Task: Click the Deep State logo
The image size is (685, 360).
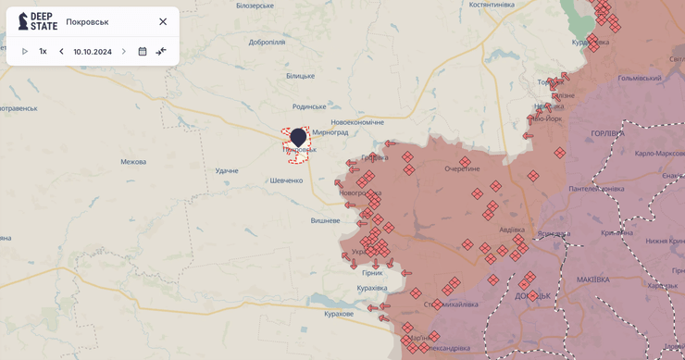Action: click(37, 21)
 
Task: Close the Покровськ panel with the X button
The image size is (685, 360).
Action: click(163, 21)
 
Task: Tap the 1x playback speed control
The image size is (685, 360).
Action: click(43, 52)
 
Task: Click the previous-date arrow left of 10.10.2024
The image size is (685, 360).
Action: click(61, 52)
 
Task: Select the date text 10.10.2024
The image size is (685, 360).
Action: click(93, 52)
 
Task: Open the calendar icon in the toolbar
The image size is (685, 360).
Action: click(143, 52)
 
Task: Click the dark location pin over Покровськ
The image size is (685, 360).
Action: click(298, 138)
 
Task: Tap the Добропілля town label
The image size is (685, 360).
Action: click(267, 42)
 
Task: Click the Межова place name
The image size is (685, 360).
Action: click(133, 162)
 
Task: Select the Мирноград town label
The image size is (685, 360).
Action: click(330, 132)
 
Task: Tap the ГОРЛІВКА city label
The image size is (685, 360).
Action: click(607, 133)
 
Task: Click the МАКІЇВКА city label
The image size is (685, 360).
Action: click(592, 279)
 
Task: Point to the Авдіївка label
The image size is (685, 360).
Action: click(512, 230)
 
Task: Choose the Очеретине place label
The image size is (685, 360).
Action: click(462, 169)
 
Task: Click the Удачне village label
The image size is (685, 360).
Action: click(227, 170)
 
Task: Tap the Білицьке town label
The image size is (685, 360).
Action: click(300, 76)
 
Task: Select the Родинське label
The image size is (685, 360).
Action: click(309, 106)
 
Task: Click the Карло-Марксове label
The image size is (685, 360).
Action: click(659, 153)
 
